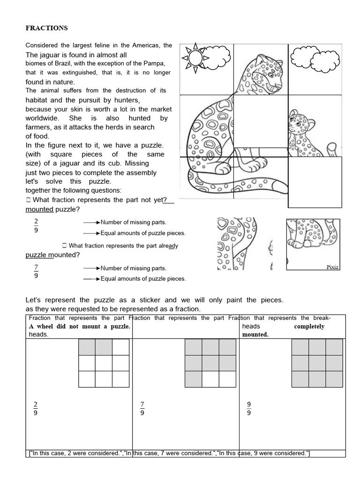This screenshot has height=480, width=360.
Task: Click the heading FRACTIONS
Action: click(x=46, y=28)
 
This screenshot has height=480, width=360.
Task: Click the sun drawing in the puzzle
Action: click(x=196, y=58)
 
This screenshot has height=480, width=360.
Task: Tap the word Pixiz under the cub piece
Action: click(x=332, y=267)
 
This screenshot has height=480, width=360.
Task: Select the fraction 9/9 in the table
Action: click(x=249, y=408)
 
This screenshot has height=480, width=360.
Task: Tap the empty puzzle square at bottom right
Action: click(x=315, y=182)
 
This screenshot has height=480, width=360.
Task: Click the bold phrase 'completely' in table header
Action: click(x=309, y=326)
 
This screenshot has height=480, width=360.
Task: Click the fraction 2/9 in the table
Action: click(x=36, y=408)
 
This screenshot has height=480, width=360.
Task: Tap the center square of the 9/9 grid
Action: click(x=317, y=363)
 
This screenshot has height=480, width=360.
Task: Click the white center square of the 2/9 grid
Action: click(x=104, y=363)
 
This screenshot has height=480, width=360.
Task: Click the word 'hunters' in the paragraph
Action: click(x=124, y=100)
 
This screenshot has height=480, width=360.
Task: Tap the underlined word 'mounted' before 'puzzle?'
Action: click(x=39, y=209)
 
